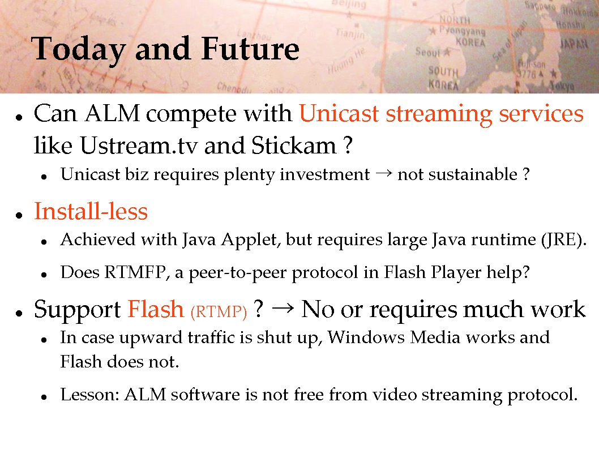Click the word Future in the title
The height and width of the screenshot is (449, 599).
[x=250, y=49]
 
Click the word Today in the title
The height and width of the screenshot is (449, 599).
[x=79, y=50]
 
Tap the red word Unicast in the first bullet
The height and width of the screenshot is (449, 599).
[x=339, y=113]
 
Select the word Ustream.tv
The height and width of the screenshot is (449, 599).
[x=139, y=146]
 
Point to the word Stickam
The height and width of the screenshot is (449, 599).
[x=294, y=146]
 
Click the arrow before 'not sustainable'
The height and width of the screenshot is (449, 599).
[x=383, y=174]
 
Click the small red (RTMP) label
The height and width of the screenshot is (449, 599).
[x=219, y=311]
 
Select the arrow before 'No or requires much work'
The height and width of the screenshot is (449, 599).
[x=283, y=308]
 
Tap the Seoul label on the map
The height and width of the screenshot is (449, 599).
[x=428, y=52]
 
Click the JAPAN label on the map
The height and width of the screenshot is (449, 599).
[x=574, y=44]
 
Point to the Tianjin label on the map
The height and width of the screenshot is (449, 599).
[x=350, y=33]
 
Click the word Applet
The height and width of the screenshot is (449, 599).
[x=250, y=240]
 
